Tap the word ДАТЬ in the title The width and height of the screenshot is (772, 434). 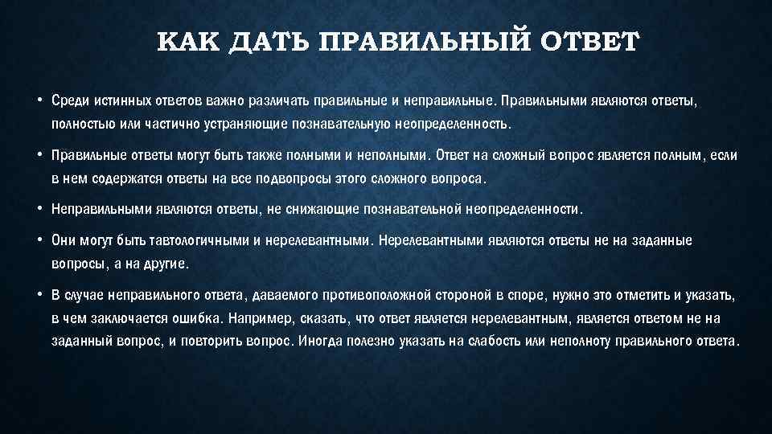[x=270, y=42]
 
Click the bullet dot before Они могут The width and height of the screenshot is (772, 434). [x=39, y=240]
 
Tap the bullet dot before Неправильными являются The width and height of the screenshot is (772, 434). [x=39, y=208]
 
